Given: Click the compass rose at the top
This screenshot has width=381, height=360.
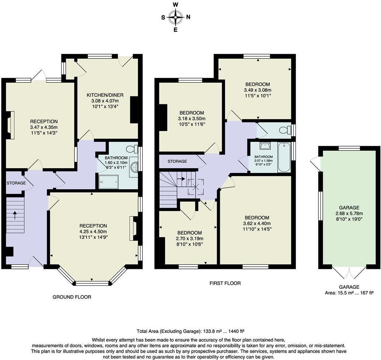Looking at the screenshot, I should pos(176,17).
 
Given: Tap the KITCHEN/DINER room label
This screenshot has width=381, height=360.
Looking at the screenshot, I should pos(105,95).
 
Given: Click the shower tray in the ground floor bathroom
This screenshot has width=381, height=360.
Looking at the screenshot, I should pos(109,181).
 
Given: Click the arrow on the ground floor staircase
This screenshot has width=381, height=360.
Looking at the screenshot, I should pos(15,215).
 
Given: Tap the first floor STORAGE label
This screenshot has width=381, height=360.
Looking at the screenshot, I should pos(177,162).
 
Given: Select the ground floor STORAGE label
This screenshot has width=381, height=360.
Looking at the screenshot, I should pos(16,183).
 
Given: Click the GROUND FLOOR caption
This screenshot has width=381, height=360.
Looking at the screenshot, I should pos(72,297).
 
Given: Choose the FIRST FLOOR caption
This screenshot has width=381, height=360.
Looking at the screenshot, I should pos(225,283).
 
